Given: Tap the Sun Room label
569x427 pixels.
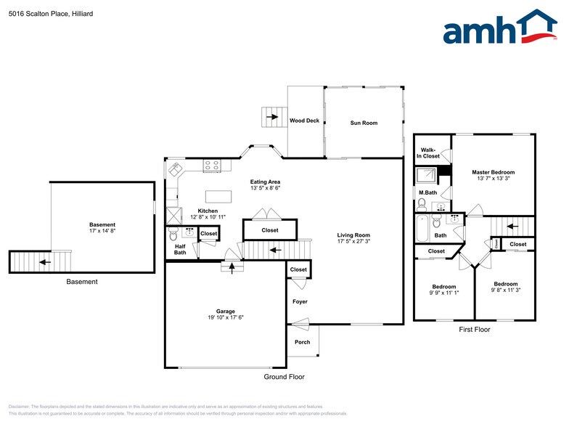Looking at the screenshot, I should pos(364,123).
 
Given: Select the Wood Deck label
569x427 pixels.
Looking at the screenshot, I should pos(304,121).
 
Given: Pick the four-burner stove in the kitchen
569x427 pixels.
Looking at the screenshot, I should pos(212,166).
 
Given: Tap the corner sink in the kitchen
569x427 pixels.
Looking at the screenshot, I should pos(175,170).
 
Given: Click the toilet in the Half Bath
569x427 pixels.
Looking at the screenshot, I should pos(173,234).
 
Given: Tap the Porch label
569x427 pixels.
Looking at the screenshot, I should pos(302,342).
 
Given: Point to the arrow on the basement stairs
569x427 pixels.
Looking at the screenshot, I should pos(45,261).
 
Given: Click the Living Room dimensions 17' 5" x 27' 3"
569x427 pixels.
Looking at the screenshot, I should pos(353,242).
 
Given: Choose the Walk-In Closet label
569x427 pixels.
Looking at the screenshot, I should pos(428,153).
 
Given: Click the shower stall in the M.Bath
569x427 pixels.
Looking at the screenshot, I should pos(425,176).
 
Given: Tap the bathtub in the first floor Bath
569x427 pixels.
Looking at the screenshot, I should pos(422,229).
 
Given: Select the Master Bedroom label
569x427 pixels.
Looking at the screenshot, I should pos(493,172).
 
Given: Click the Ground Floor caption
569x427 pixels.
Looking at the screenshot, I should pos(284,377).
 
